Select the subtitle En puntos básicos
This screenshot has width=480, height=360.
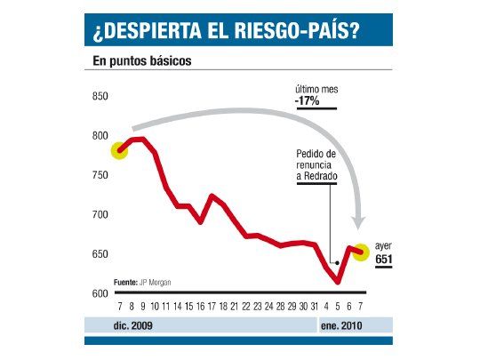click(x=142, y=62)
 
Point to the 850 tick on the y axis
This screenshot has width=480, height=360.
click(x=100, y=97)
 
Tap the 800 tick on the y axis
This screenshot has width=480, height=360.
click(x=100, y=137)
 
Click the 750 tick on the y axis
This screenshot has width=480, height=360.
click(x=100, y=176)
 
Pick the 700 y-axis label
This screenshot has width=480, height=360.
click(x=100, y=215)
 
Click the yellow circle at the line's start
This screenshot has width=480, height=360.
click(x=120, y=150)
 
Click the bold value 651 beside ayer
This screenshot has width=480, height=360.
click(x=384, y=260)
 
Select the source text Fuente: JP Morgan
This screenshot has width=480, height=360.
click(x=142, y=282)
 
